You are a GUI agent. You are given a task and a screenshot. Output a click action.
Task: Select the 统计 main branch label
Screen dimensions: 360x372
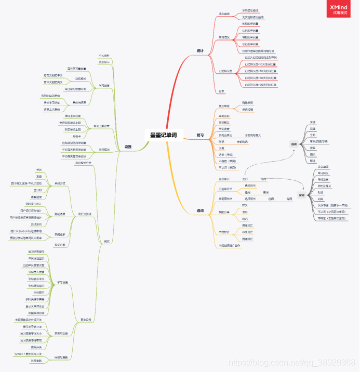pos(200,50)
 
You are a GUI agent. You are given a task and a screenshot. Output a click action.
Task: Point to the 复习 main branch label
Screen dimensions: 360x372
pos(200,135)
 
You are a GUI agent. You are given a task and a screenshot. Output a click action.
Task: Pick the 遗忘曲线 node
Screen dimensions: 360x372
pos(223,14)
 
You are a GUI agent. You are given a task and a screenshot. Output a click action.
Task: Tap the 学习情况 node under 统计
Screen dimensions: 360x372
pos(224,37)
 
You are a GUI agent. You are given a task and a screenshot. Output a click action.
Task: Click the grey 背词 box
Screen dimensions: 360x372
pos(301,195)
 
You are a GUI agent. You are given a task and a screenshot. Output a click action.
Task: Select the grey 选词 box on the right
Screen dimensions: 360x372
pos(294,144)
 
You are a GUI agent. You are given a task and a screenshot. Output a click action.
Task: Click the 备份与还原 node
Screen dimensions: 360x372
pos(80,103)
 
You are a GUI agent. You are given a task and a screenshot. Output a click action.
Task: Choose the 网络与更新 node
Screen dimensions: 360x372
pos(61,357)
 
